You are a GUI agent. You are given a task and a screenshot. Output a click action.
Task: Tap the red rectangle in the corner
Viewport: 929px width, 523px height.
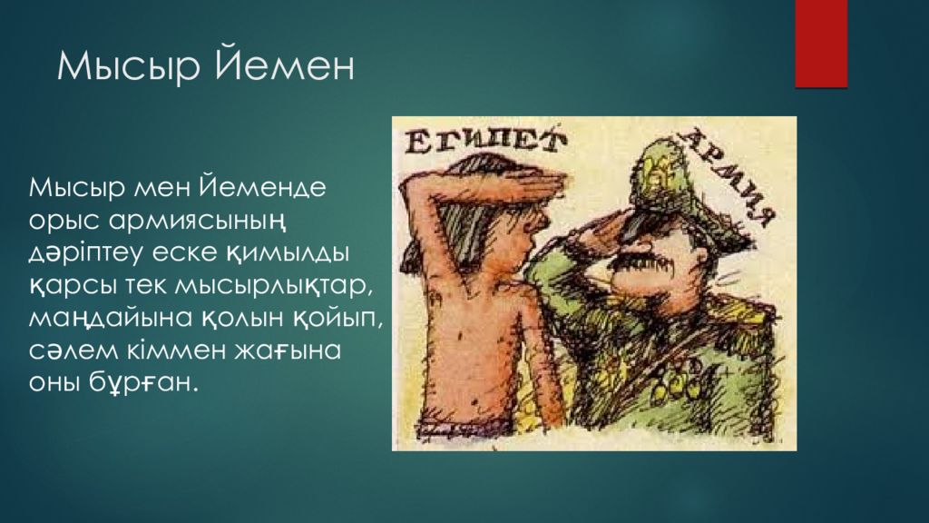(820, 43)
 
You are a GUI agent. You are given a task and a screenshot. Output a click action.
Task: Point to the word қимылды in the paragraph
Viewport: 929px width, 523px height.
(300, 253)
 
